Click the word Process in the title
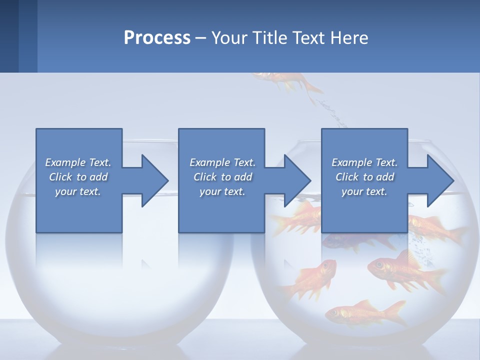pos(157,38)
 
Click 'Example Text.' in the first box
pos(78,162)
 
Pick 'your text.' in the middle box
pos(222,191)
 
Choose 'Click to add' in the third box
pos(364,177)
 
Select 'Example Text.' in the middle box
pos(222,162)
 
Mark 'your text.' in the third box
pos(364,191)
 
